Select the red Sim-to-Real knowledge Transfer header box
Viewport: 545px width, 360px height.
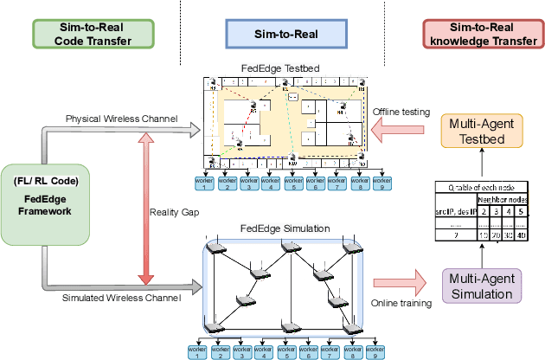(x=482, y=34)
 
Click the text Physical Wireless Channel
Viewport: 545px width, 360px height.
(x=121, y=118)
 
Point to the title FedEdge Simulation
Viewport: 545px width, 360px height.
(x=277, y=228)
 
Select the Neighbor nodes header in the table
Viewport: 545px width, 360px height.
(x=504, y=198)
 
